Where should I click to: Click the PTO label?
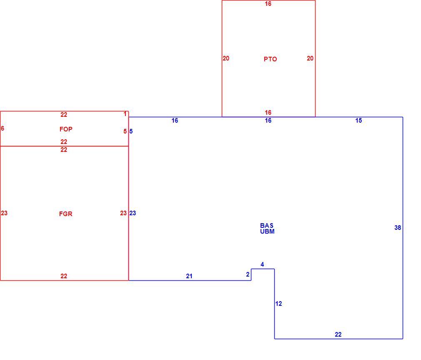(270, 59)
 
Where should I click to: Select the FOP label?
(66, 129)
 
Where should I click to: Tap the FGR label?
(66, 214)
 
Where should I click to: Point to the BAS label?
(267, 225)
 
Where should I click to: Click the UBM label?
(267, 232)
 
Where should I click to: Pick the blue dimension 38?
(398, 228)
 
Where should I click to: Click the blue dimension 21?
(189, 276)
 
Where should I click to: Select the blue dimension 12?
(279, 304)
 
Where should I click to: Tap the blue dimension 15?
(359, 121)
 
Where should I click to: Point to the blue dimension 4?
(262, 264)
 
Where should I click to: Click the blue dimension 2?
(248, 274)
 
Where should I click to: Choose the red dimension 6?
(3, 128)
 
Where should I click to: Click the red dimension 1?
(125, 114)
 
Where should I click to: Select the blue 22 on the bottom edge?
(338, 335)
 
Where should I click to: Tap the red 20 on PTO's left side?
(226, 58)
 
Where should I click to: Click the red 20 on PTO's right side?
(310, 58)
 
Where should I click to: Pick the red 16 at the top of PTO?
(268, 4)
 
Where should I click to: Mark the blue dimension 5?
(131, 131)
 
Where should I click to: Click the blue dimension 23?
(133, 213)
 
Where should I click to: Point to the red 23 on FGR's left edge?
(4, 213)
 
